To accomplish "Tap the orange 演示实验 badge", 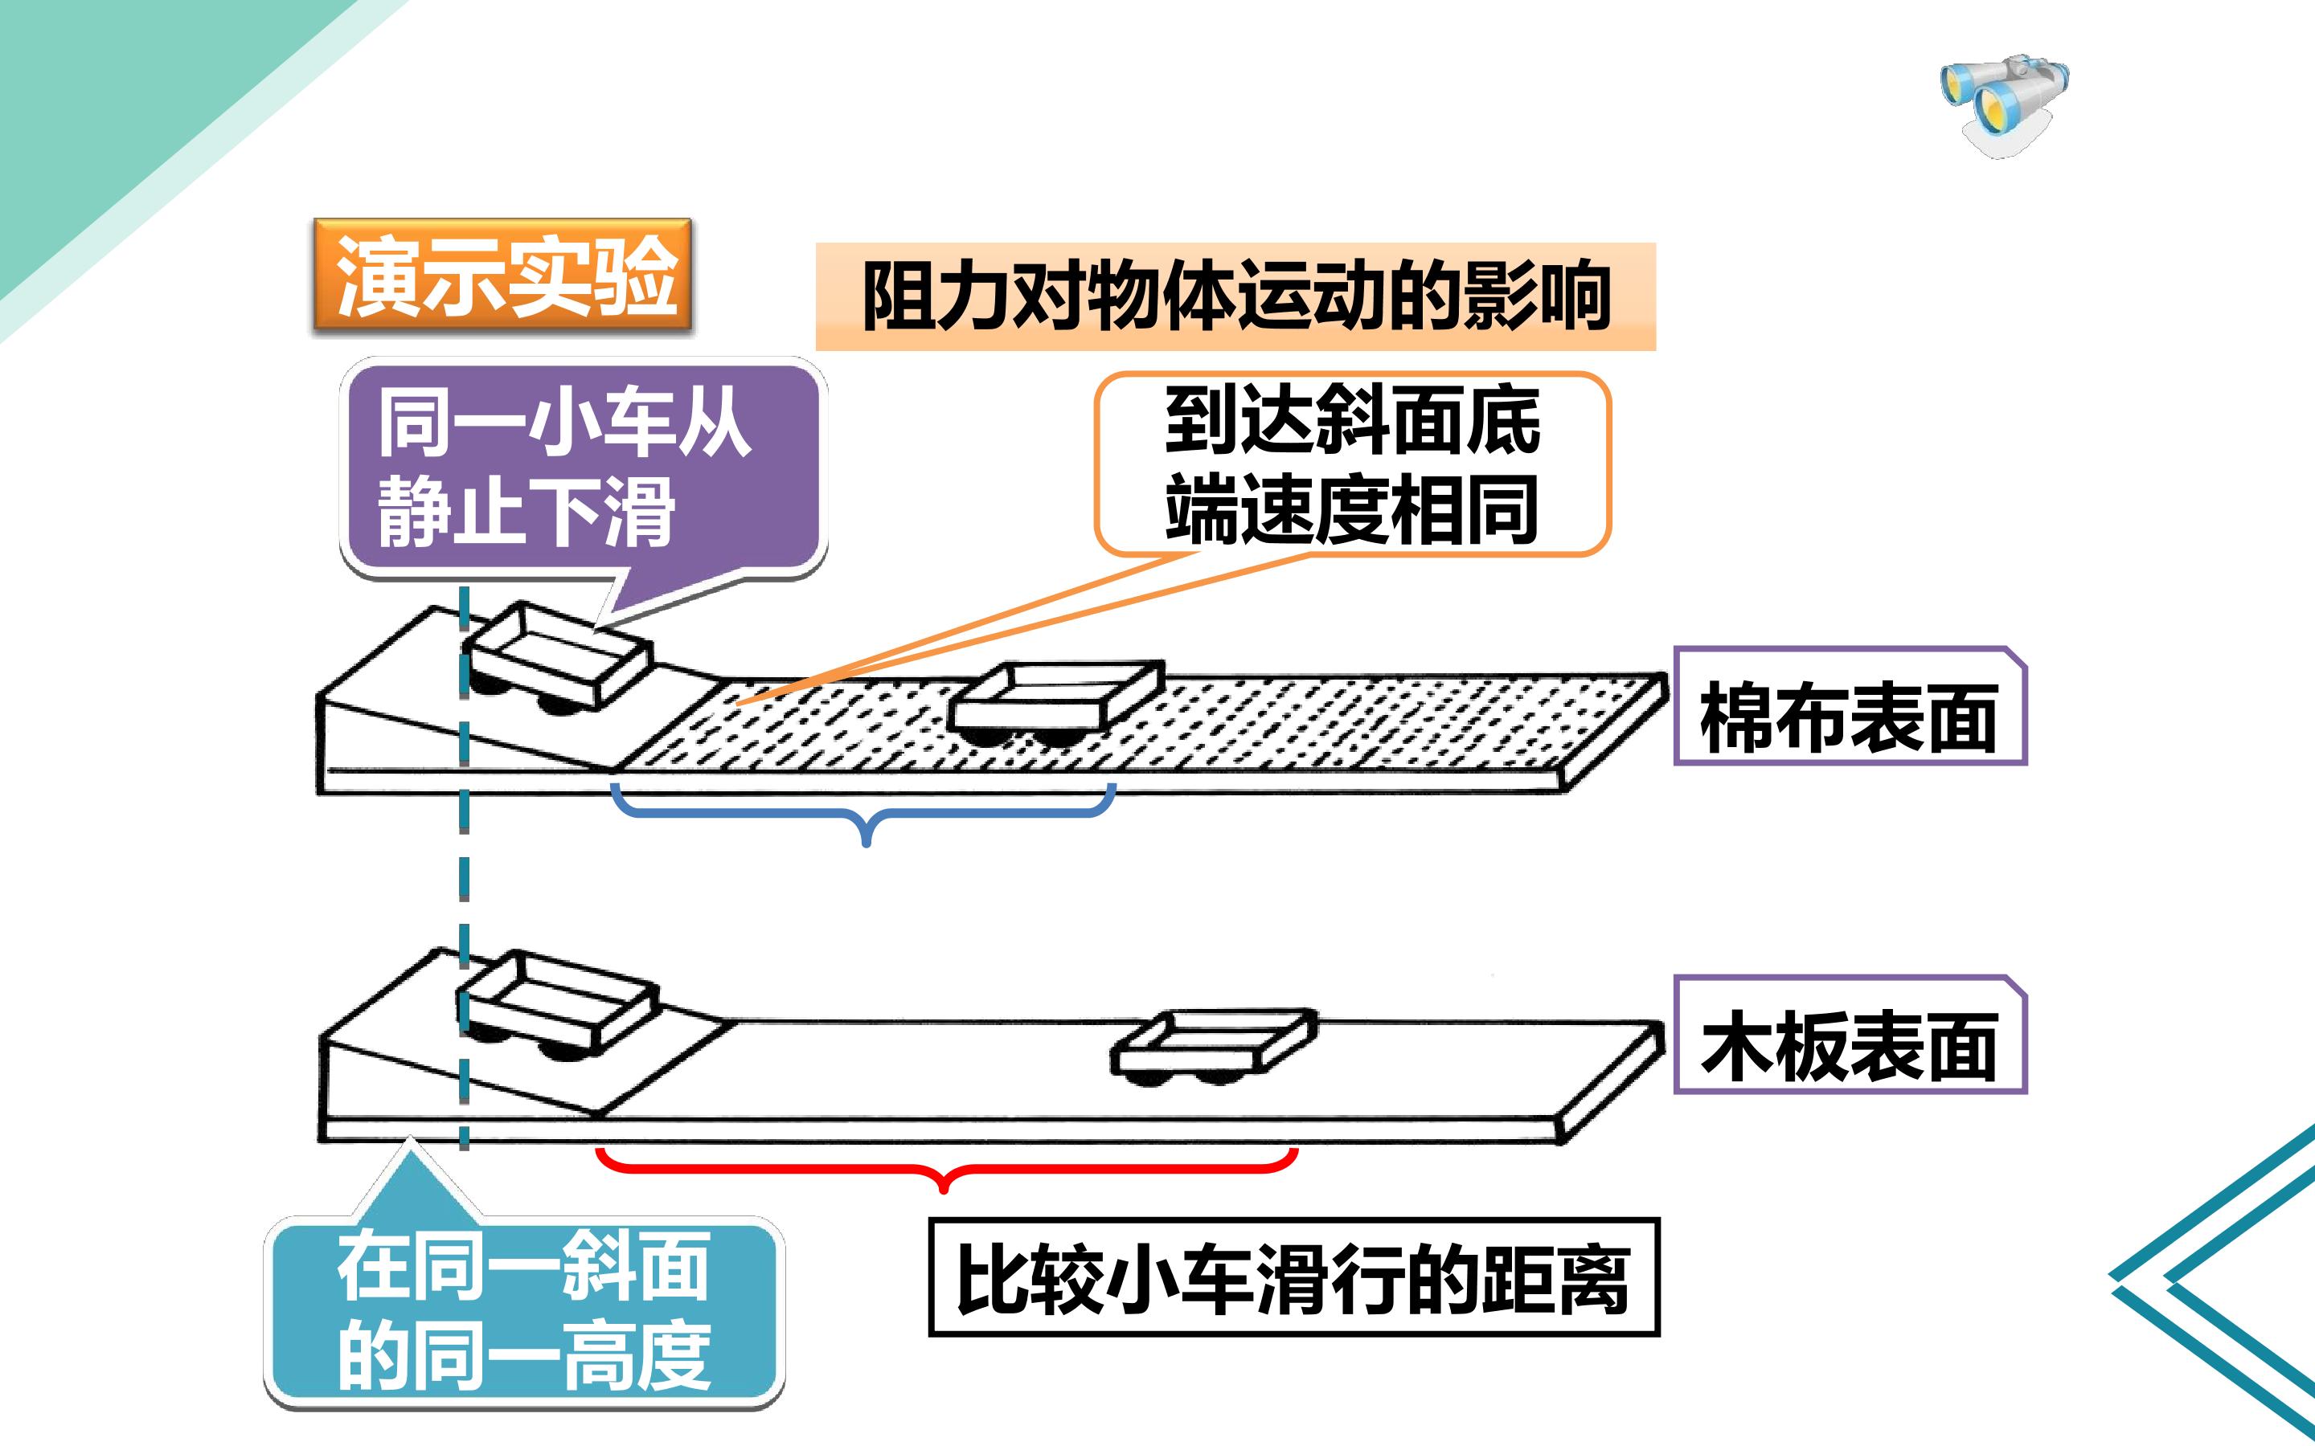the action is pos(502,276).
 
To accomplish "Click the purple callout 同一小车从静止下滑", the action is pos(584,468).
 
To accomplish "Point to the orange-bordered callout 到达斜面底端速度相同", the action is pos(1353,464).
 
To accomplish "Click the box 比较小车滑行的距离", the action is pos(1293,1277).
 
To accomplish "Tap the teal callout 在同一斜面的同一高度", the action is pos(524,1311).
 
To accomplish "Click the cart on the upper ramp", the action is pos(558,659).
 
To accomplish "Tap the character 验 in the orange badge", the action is pos(635,276).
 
